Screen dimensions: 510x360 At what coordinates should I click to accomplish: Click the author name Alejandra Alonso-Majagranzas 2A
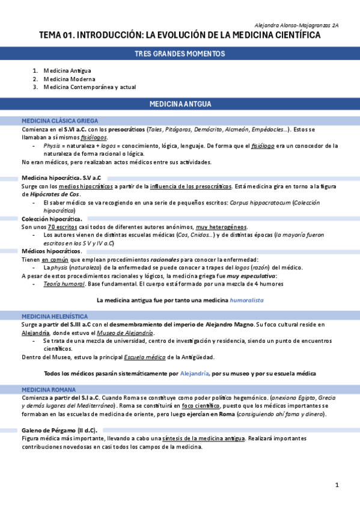coord(297,26)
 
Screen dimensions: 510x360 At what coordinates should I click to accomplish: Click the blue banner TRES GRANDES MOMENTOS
coord(180,54)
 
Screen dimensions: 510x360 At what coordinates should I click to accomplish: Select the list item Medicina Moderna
coord(69,79)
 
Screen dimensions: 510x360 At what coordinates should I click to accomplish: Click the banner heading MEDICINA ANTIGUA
coord(180,104)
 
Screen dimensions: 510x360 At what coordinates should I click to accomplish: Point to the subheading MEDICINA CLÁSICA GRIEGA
coord(59,121)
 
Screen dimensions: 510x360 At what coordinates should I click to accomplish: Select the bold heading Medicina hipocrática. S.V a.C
coord(61,178)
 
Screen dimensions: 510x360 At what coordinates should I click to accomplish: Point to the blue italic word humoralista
coord(246,300)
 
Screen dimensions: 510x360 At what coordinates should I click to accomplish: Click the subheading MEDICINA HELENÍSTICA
coord(55,316)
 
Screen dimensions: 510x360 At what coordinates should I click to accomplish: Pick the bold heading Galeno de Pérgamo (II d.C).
coord(59,431)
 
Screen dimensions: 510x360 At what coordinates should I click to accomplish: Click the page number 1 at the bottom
coord(337,485)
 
